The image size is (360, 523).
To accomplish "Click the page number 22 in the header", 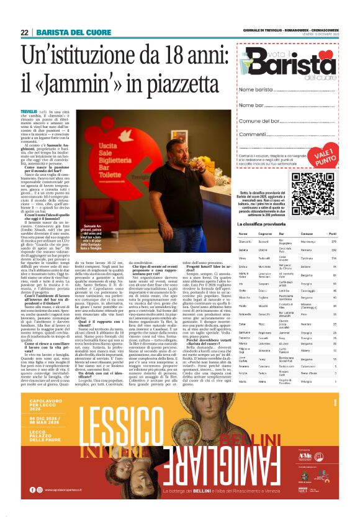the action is (x=24, y=32).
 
